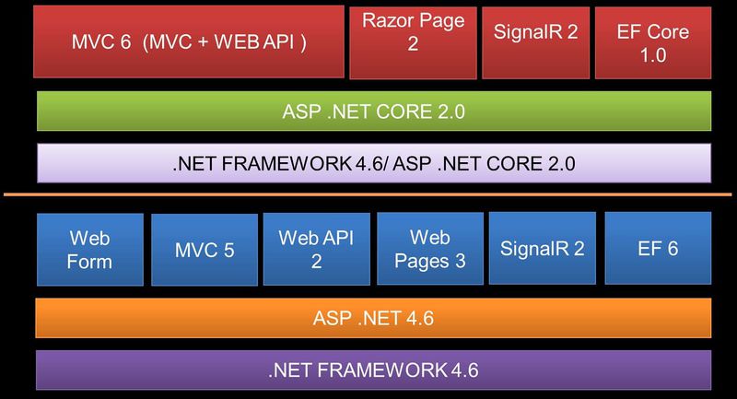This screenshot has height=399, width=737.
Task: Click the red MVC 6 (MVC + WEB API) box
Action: coord(189,41)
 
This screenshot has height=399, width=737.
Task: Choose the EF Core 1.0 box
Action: coord(652,41)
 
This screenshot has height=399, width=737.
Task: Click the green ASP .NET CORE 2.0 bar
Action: coord(373,112)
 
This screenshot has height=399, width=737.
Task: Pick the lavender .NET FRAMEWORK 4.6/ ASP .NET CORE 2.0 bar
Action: coord(373,164)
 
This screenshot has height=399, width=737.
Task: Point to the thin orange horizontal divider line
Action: coord(368,195)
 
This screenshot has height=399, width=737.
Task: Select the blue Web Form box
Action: coord(90,249)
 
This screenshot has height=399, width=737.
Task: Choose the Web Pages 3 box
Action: coord(429,249)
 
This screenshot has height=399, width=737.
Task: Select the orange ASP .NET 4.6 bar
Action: coord(373,319)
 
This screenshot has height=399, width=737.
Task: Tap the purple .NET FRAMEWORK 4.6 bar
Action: coord(373,370)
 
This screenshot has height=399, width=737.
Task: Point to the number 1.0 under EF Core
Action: coord(653,54)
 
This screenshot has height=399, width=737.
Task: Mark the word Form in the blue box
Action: coord(90,261)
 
